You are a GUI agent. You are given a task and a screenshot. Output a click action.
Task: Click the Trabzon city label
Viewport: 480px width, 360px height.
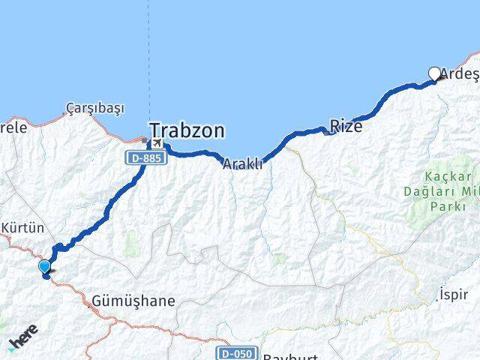(187, 131)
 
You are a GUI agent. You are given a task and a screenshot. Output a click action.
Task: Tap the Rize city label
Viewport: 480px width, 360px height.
(346, 126)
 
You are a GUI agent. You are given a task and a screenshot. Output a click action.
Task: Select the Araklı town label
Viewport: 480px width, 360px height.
(242, 163)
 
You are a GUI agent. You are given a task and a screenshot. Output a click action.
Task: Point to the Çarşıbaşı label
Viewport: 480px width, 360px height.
(94, 109)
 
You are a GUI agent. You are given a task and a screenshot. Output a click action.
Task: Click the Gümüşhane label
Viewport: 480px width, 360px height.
(133, 301)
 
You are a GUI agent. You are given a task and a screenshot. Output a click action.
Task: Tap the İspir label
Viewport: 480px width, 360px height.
(454, 292)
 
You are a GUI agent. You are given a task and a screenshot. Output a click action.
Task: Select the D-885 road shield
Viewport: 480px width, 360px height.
(145, 158)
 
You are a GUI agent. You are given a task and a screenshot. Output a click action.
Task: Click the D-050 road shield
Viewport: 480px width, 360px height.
(238, 352)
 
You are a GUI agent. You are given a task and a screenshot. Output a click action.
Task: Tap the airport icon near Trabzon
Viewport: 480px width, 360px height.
(157, 142)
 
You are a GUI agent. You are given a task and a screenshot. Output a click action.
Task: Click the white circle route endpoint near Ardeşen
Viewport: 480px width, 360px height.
(435, 73)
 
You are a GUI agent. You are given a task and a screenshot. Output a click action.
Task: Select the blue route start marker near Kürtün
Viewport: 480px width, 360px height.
(44, 266)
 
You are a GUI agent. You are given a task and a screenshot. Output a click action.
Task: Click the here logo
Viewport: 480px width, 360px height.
(23, 342)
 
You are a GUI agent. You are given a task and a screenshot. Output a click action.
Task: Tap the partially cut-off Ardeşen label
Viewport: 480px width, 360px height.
(460, 73)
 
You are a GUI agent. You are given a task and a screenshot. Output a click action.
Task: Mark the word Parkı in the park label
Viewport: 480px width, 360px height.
(439, 208)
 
